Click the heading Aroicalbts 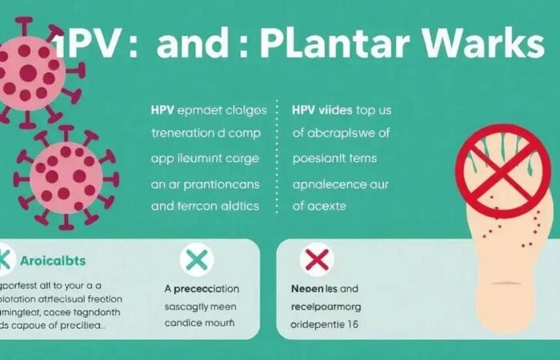tap(54, 261)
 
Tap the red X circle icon tap(316, 259)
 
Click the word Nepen tap(302, 288)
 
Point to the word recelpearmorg tap(336, 306)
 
